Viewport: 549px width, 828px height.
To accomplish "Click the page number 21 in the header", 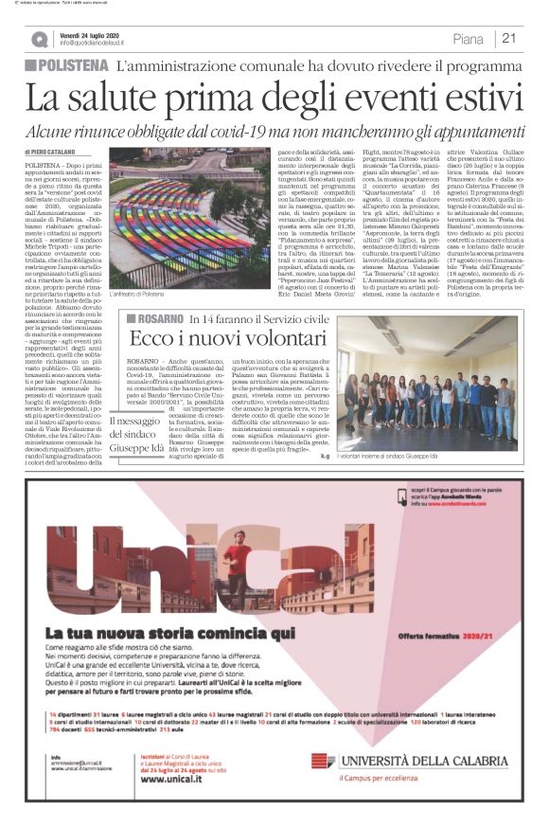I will (509, 39).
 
